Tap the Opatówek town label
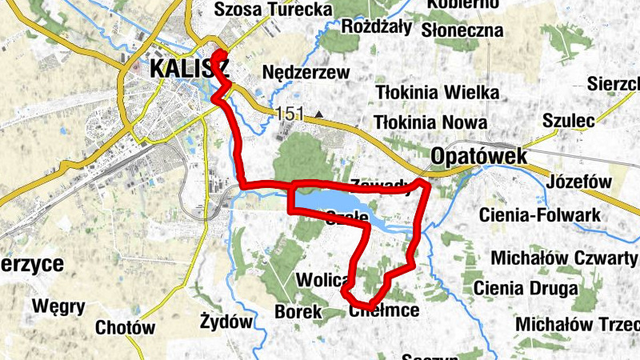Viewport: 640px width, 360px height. pos(478,156)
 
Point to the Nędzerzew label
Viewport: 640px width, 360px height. pos(306,73)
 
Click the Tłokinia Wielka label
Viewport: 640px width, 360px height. pos(438,93)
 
